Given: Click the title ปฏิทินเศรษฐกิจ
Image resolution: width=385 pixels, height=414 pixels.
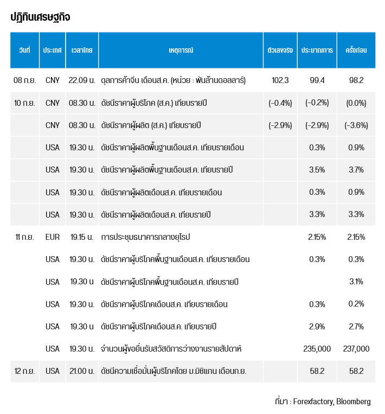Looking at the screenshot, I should tap(40, 17).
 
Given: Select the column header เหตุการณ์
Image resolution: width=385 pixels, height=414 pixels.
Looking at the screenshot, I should tap(181, 50).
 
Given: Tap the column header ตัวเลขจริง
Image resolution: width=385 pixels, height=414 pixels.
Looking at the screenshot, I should tap(280, 50).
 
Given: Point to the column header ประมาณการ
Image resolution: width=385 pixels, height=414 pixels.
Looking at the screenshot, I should tap(317, 50).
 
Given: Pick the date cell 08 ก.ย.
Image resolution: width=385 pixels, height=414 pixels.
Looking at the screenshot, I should tap(24, 80).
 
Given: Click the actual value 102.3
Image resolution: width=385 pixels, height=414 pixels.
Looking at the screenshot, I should tap(280, 80).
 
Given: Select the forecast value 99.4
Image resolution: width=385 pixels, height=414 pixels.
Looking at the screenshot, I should tap(317, 80).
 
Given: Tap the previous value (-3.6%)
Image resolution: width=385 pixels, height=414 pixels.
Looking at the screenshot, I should tap(356, 125).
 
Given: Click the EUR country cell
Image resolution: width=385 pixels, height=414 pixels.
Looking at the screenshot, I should tap(53, 237).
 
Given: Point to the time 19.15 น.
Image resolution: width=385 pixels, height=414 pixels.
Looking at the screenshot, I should tap(82, 237).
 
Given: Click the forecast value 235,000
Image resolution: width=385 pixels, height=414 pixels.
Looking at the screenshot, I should tap(317, 349).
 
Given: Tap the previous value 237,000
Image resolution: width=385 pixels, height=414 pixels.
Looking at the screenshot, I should tap(356, 349).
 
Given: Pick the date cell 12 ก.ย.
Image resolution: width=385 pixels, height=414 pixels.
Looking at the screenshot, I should tap(24, 371).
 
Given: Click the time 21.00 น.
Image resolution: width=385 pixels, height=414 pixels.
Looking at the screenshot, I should tap(82, 371).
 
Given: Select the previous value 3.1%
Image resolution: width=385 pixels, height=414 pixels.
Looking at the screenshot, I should tap(356, 282).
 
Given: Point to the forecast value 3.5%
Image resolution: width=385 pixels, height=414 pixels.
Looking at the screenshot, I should tap(317, 170).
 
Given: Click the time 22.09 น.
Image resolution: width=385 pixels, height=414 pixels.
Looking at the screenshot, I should tap(82, 80).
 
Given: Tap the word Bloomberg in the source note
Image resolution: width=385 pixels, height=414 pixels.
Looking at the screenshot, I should tap(354, 402).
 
